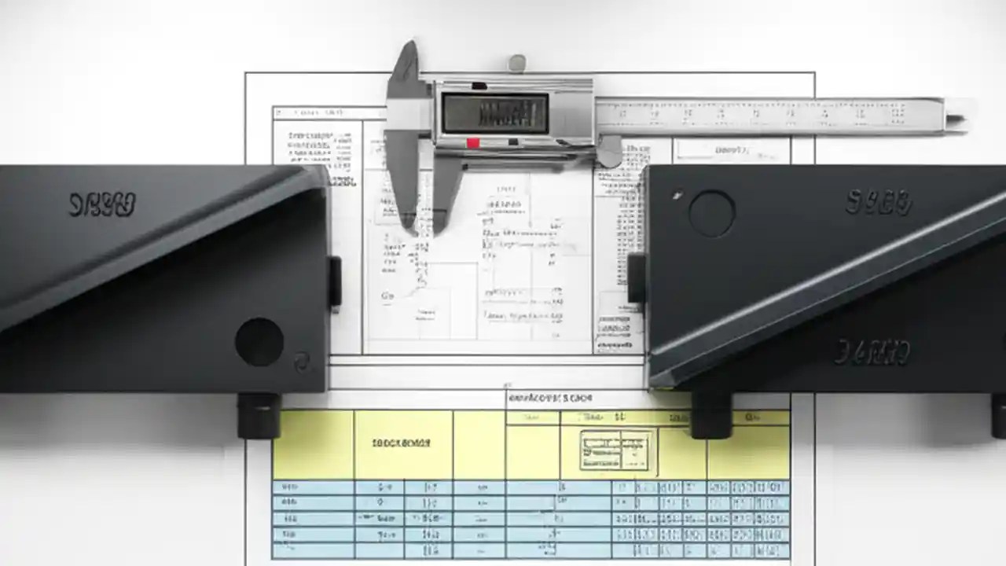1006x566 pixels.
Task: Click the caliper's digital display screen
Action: tap(494, 112)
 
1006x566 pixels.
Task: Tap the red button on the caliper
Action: tap(473, 143)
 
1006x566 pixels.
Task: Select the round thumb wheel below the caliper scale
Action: tap(610, 152)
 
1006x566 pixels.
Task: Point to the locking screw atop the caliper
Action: tap(516, 63)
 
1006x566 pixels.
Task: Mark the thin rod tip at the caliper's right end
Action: tap(955, 119)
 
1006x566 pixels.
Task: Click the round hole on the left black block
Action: tap(259, 341)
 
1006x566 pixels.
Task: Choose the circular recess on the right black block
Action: tap(711, 213)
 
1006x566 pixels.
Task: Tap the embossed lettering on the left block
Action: tap(102, 204)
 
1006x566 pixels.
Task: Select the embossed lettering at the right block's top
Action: tap(879, 202)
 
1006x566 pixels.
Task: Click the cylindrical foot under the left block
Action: tap(259, 414)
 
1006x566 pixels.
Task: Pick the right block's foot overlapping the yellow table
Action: tap(711, 413)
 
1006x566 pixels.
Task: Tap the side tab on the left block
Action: tap(335, 281)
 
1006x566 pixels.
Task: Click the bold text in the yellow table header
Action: tap(401, 443)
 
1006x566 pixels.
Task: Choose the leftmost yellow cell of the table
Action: tap(313, 444)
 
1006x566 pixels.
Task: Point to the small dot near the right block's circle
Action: tap(677, 196)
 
